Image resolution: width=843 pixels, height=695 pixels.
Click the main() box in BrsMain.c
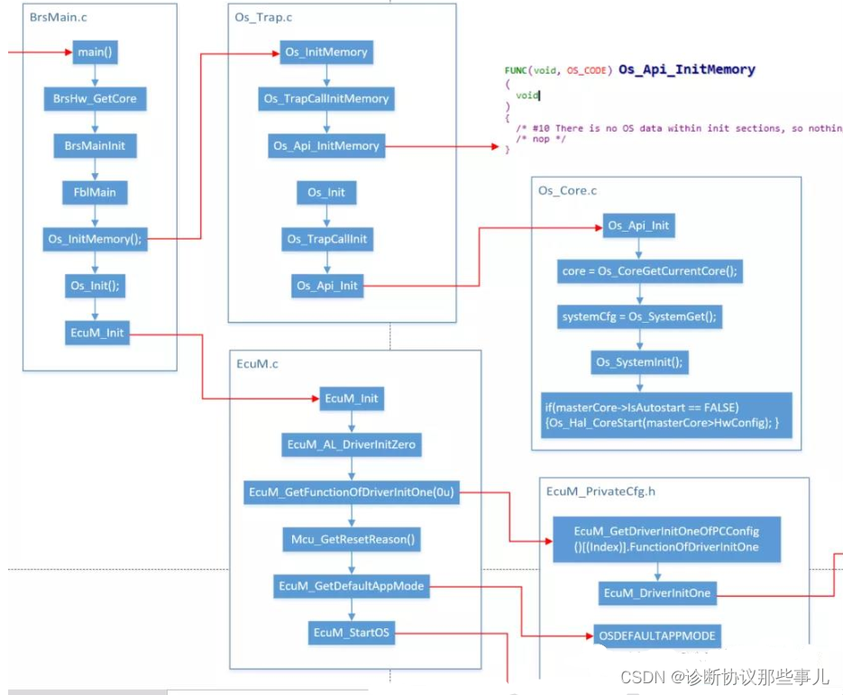click(x=95, y=52)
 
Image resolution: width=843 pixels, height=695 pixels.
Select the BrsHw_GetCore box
click(x=95, y=99)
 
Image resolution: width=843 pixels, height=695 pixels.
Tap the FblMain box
click(x=95, y=192)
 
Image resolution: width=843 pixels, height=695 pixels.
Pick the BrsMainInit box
click(x=95, y=146)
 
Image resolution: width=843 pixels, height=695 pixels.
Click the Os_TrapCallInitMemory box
click(x=326, y=99)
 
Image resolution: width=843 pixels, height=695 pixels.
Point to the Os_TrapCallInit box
click(x=327, y=239)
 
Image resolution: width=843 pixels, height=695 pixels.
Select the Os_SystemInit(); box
click(x=639, y=362)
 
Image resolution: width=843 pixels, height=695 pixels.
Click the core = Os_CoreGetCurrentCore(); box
click(x=649, y=271)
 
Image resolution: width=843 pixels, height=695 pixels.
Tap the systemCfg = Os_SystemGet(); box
click(x=639, y=317)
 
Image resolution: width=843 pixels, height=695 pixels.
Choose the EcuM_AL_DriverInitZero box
click(x=351, y=445)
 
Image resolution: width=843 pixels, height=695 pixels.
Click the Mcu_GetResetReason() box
click(x=352, y=539)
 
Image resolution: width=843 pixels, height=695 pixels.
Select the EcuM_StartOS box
click(x=351, y=633)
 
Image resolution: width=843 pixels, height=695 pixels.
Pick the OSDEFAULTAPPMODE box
click(x=657, y=636)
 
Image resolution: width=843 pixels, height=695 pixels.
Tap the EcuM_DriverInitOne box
click(x=657, y=593)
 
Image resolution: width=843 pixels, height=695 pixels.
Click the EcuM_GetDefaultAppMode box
click(x=351, y=586)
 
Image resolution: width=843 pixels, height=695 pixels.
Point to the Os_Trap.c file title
click(x=263, y=17)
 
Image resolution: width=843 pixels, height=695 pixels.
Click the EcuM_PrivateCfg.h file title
click(x=600, y=491)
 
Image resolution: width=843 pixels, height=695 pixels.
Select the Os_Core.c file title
click(x=567, y=191)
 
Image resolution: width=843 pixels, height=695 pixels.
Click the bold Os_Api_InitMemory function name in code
click(x=686, y=69)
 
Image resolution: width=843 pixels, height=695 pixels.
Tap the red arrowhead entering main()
click(x=69, y=52)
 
